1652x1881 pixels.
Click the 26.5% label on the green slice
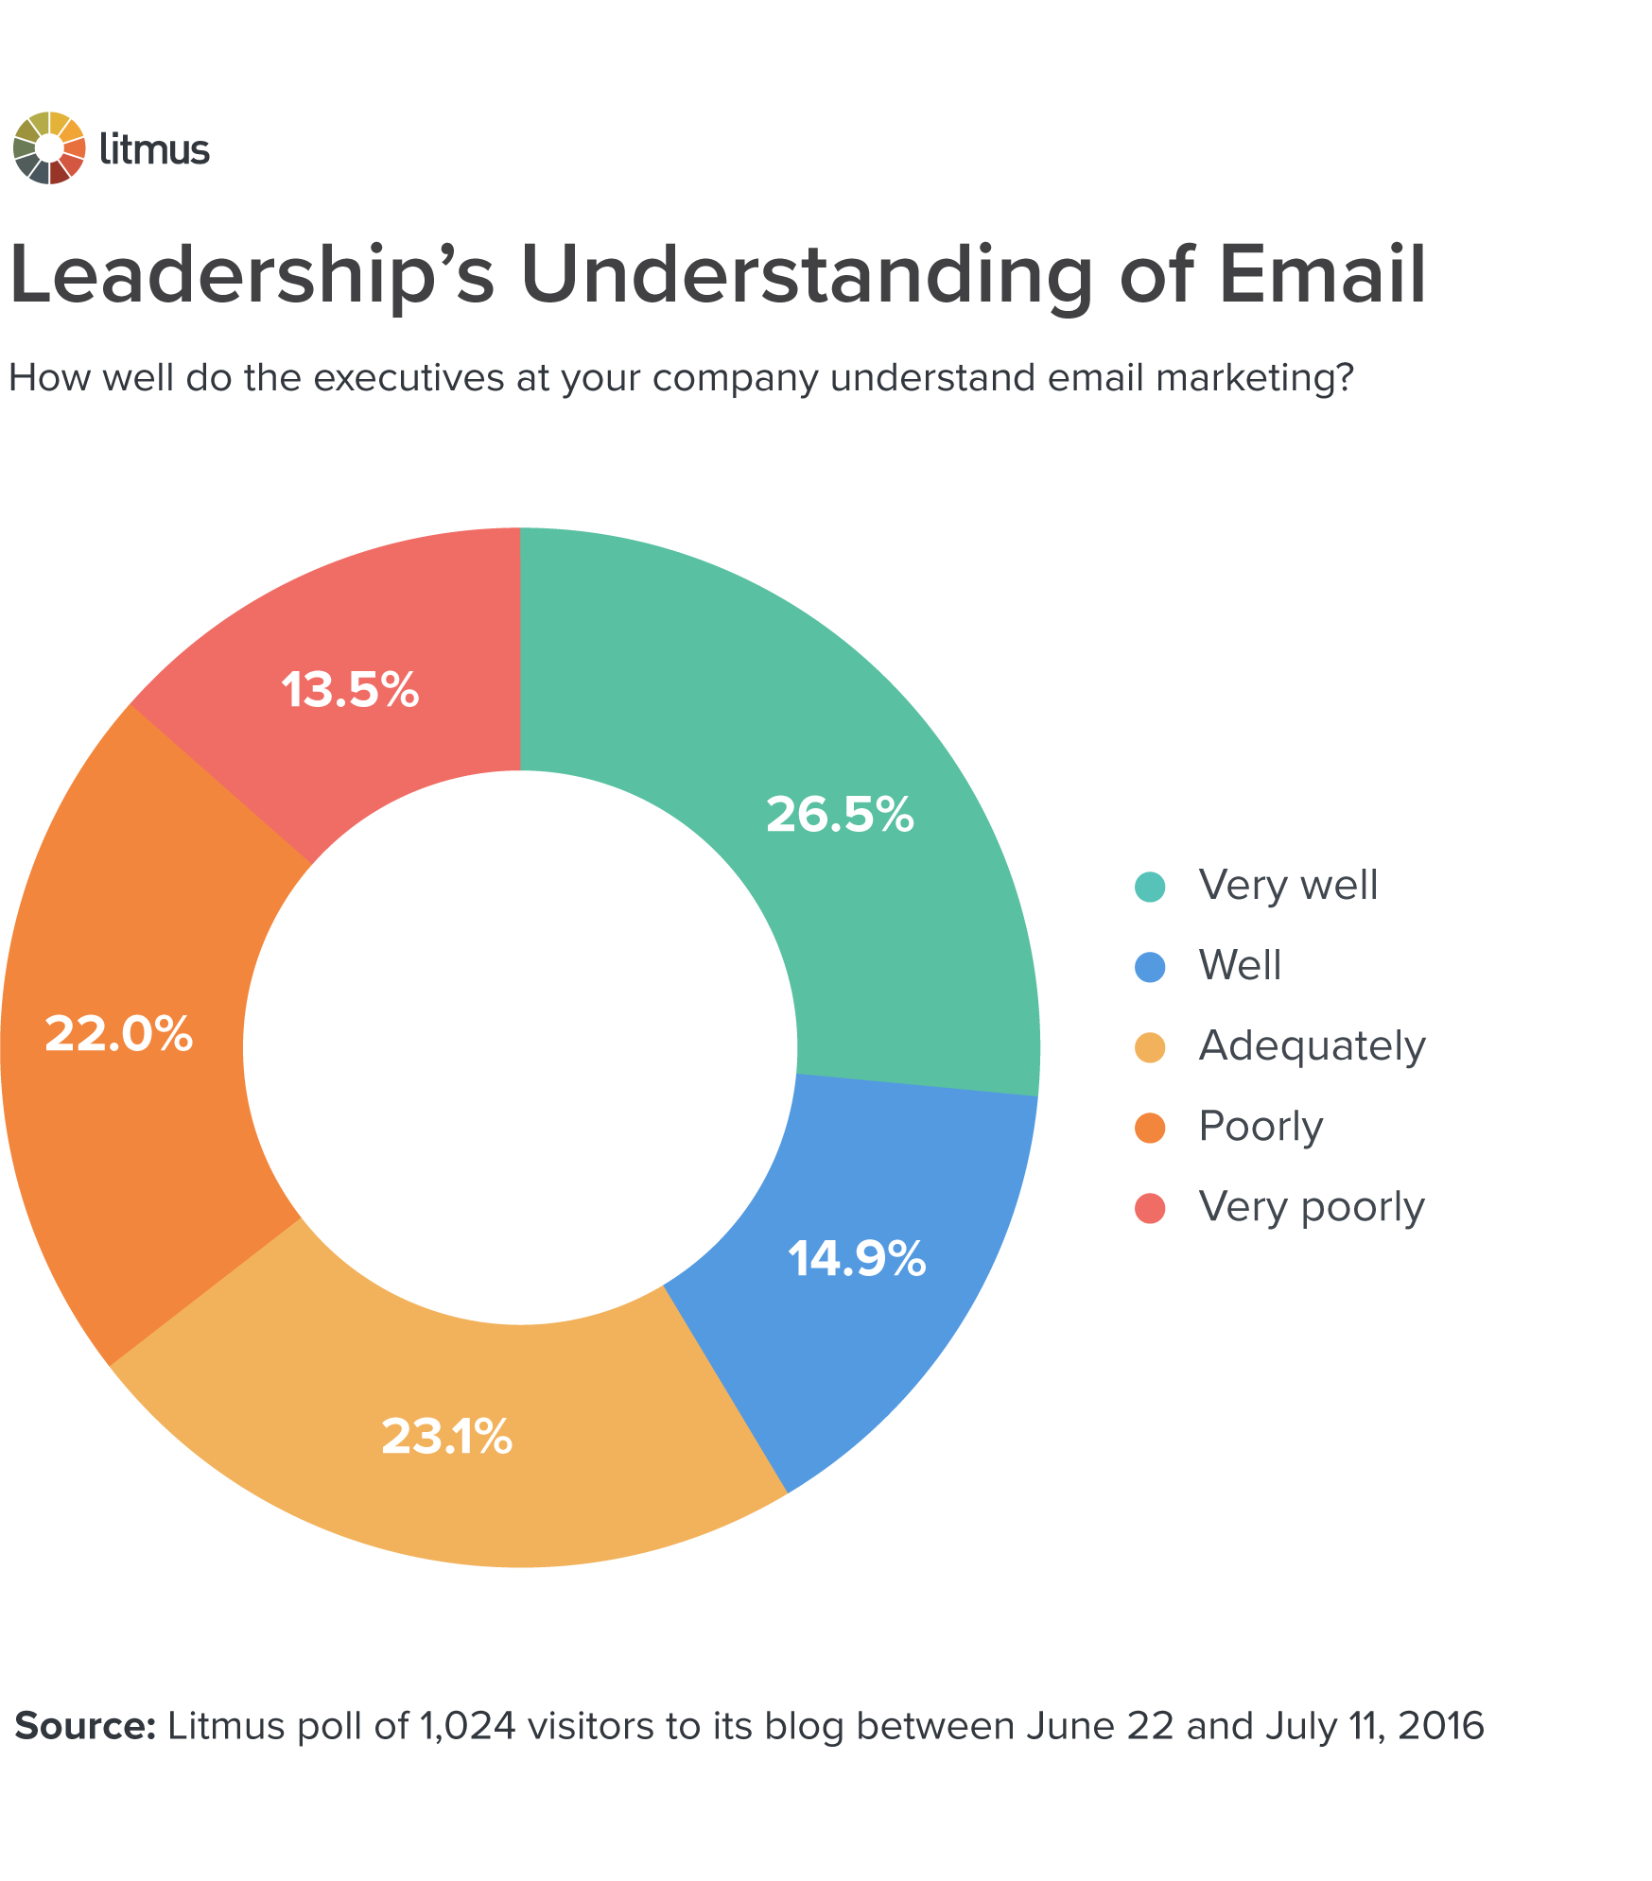[840, 814]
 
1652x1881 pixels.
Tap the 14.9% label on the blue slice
[857, 1259]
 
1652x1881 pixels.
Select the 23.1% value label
[446, 1436]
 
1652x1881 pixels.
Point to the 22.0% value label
[119, 1033]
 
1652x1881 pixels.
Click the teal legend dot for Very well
[1150, 887]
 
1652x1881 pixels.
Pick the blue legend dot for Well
[1150, 967]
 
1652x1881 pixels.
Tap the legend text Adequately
[1312, 1046]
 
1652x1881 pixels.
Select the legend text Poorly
[1260, 1127]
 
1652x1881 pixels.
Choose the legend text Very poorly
[1311, 1207]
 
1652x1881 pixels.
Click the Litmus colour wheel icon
[49, 148]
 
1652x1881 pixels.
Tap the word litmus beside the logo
[154, 149]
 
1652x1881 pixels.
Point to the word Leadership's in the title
[252, 276]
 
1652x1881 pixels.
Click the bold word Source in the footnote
[85, 1726]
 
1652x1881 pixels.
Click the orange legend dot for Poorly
[1150, 1128]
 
